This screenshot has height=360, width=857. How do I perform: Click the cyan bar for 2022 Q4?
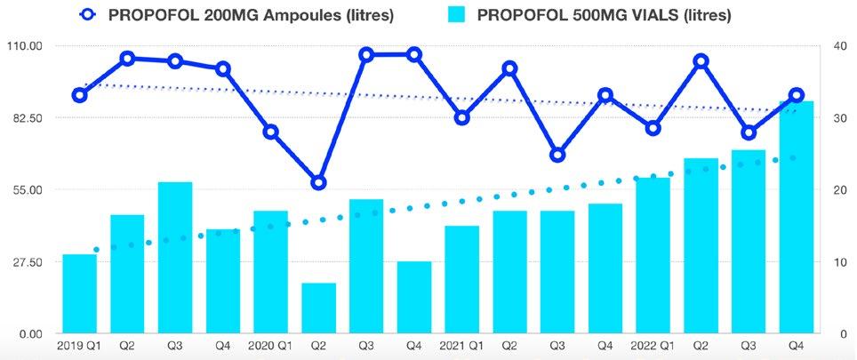point(797,217)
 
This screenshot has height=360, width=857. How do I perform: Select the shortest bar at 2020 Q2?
point(318,308)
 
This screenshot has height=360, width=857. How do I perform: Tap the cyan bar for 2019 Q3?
point(175,257)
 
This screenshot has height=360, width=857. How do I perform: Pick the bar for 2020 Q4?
point(414,297)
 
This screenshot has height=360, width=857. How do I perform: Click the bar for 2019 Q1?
point(80,293)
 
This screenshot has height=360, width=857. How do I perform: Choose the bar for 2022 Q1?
point(653,255)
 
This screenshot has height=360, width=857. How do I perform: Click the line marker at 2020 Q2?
point(318,182)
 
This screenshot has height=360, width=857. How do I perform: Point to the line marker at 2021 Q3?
point(557,156)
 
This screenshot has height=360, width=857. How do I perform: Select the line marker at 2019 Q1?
point(80,96)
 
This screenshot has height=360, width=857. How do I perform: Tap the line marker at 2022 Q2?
point(701,61)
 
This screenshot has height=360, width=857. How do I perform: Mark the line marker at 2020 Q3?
point(367,54)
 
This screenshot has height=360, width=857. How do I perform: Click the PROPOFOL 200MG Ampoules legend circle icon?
point(87,15)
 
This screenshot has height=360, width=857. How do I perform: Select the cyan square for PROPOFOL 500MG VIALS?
point(458,15)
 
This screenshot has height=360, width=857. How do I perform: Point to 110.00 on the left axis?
point(22,46)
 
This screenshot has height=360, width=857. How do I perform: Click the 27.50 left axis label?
point(25,261)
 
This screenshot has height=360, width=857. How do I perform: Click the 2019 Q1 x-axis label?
point(79,346)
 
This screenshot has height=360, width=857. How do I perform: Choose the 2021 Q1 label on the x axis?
point(461,346)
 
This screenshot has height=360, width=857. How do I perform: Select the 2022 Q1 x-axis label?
point(653,346)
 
